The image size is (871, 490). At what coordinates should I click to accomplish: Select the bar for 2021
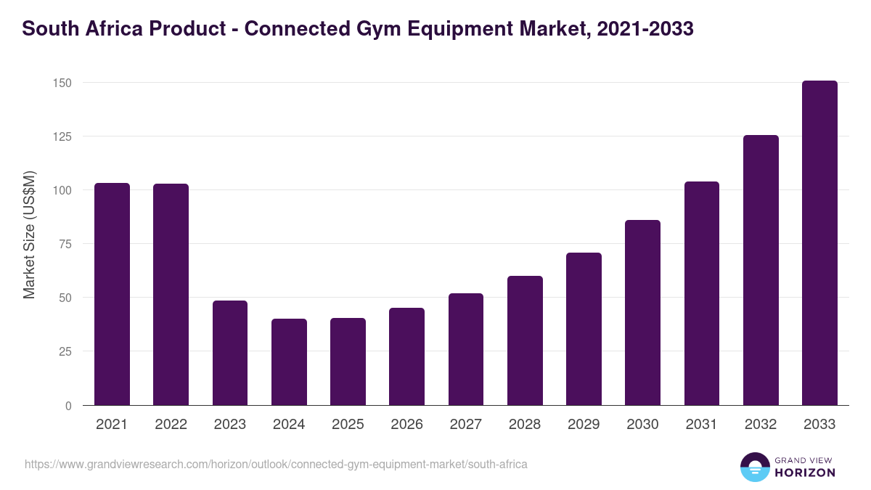pyautogui.click(x=112, y=294)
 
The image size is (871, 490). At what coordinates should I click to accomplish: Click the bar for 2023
pyautogui.click(x=230, y=353)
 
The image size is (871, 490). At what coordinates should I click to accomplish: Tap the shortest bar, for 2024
pyautogui.click(x=289, y=362)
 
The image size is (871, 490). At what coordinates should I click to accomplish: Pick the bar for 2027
pyautogui.click(x=466, y=349)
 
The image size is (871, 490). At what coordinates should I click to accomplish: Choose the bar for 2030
pyautogui.click(x=642, y=312)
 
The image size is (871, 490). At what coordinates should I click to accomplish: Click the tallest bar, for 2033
pyautogui.click(x=819, y=243)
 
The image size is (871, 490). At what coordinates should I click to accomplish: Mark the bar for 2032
pyautogui.click(x=761, y=270)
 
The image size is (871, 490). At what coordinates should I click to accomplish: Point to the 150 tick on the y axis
pyautogui.click(x=62, y=83)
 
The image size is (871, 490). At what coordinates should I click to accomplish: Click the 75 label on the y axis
pyautogui.click(x=65, y=244)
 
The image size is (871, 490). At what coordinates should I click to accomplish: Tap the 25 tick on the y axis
pyautogui.click(x=65, y=351)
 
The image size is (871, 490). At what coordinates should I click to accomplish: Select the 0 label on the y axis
pyautogui.click(x=68, y=406)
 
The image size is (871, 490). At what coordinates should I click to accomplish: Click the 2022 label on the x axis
pyautogui.click(x=171, y=425)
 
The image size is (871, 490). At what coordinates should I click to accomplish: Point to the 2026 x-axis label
pyautogui.click(x=406, y=425)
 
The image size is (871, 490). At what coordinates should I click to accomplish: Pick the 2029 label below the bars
pyautogui.click(x=584, y=425)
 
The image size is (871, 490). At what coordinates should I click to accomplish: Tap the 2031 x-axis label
pyautogui.click(x=702, y=425)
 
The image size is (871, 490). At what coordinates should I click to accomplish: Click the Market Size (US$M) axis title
pyautogui.click(x=29, y=234)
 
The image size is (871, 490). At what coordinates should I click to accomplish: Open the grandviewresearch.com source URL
pyautogui.click(x=276, y=464)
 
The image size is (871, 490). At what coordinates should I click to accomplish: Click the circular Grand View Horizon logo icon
pyautogui.click(x=755, y=467)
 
